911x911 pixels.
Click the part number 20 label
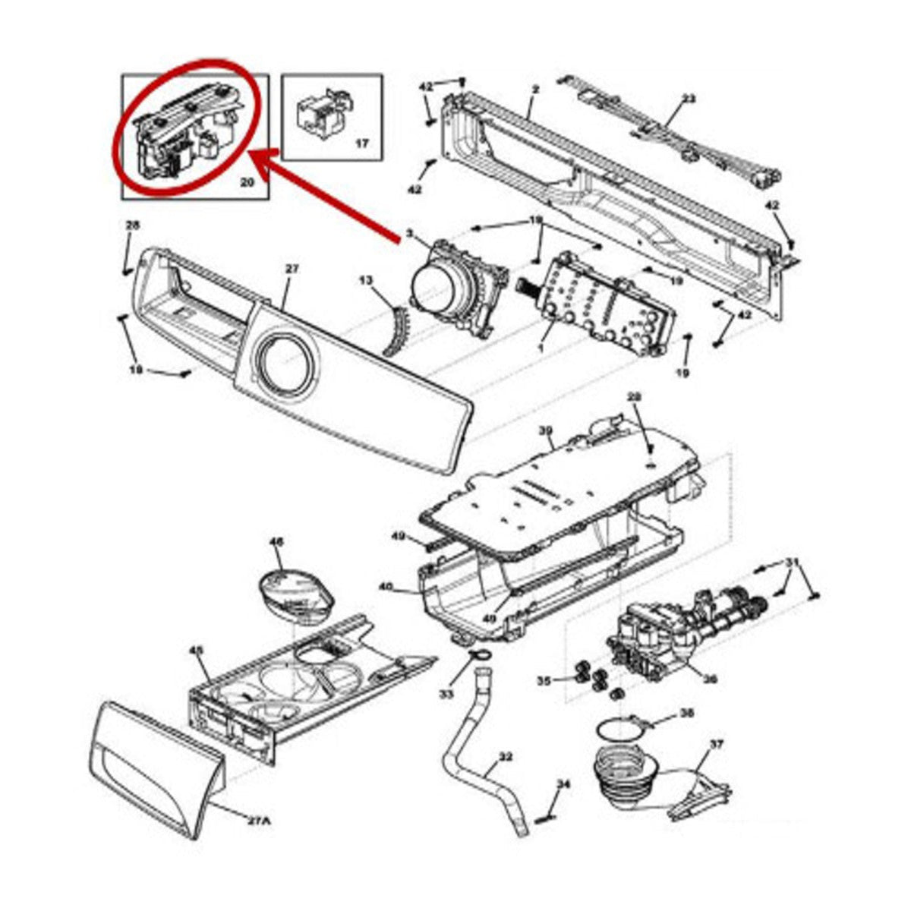(x=247, y=182)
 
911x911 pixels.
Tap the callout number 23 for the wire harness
(x=688, y=99)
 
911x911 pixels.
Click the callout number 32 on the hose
(x=506, y=757)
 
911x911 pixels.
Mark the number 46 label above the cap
(x=276, y=542)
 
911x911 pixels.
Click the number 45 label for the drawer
(x=196, y=651)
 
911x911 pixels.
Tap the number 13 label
(x=367, y=281)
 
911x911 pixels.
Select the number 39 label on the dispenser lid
(x=545, y=430)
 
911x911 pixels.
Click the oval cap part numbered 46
(x=295, y=591)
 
